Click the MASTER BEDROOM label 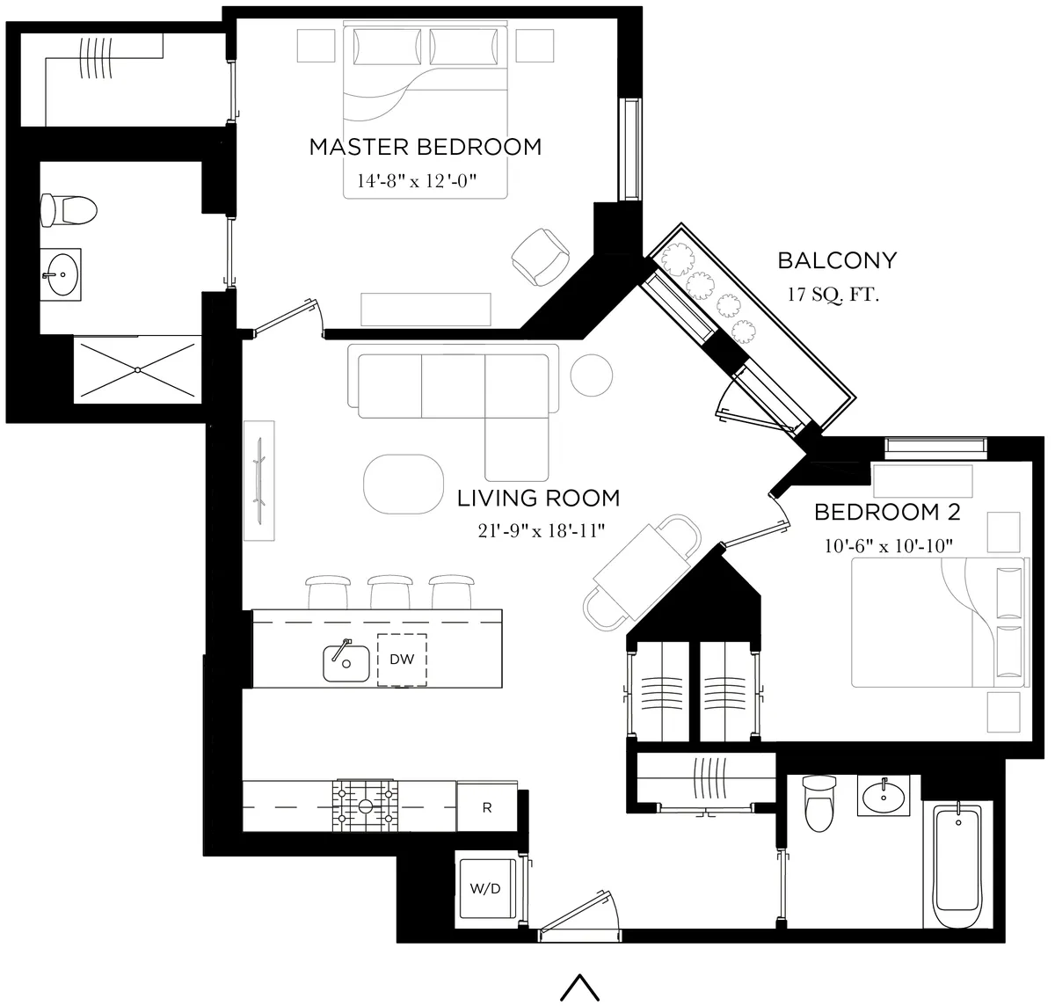click(x=425, y=147)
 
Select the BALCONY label click(x=837, y=260)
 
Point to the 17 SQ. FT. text click(x=833, y=295)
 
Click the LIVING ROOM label click(x=538, y=499)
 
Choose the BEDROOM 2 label click(x=887, y=512)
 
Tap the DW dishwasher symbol click(x=402, y=660)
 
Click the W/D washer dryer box click(x=484, y=888)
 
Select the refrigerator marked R click(x=487, y=807)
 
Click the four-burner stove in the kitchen click(x=365, y=806)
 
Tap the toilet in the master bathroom click(x=69, y=209)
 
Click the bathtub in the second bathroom click(x=957, y=866)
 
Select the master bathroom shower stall click(x=137, y=370)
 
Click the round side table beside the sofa click(x=592, y=375)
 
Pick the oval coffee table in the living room click(x=404, y=483)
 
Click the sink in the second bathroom click(x=884, y=798)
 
